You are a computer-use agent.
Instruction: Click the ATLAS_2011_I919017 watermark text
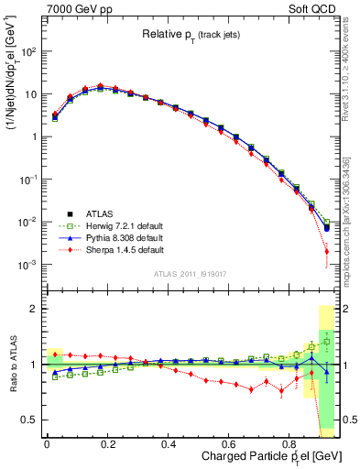[191, 273]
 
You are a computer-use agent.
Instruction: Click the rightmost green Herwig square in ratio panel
[327, 341]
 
